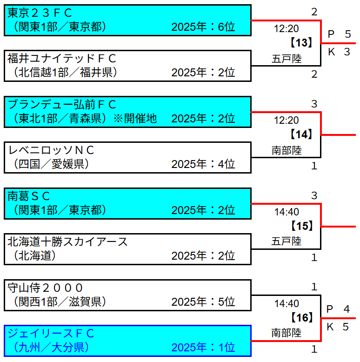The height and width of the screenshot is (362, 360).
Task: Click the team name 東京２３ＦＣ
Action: click(x=40, y=13)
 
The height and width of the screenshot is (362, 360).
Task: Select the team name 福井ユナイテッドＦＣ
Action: click(x=62, y=59)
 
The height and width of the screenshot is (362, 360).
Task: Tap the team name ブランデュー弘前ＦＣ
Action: click(x=62, y=104)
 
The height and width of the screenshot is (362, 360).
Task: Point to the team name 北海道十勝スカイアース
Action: click(x=67, y=241)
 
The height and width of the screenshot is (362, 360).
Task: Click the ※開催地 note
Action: click(x=135, y=119)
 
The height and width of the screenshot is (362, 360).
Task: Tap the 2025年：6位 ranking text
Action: click(x=203, y=27)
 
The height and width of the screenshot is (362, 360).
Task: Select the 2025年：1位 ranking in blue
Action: click(x=203, y=348)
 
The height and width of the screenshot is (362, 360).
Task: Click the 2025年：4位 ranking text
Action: click(x=203, y=164)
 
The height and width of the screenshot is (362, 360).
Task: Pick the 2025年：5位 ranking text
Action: click(x=203, y=302)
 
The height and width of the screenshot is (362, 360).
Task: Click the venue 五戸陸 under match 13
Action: click(x=287, y=59)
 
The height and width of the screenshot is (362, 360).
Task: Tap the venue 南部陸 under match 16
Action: click(x=287, y=333)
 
